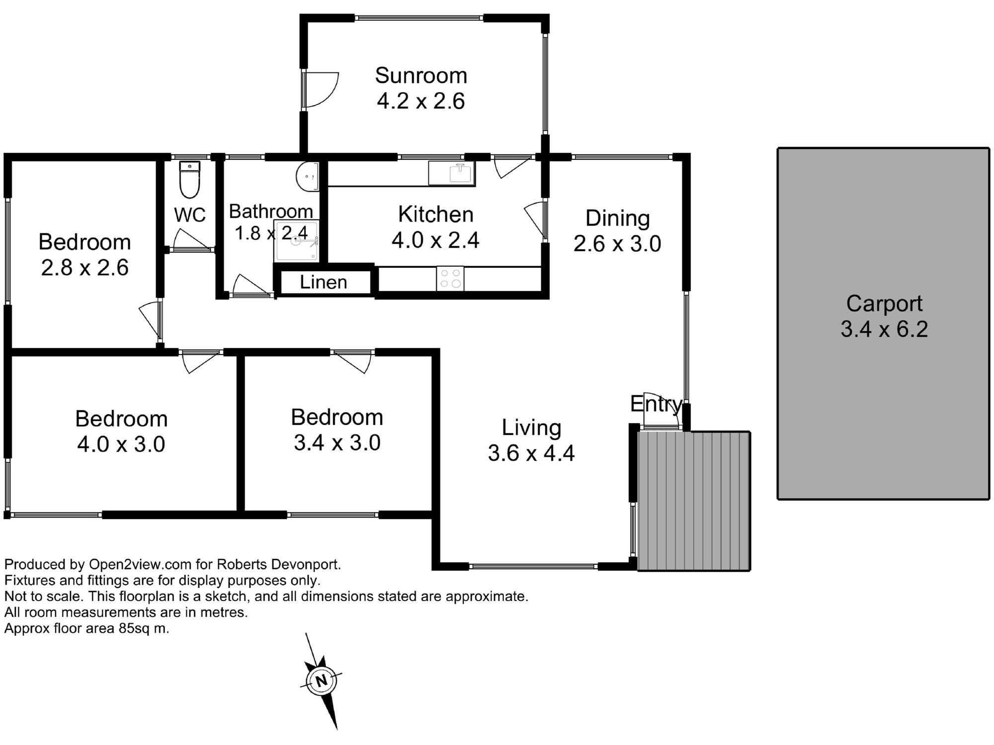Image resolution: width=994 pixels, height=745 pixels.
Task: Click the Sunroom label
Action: tap(421, 75)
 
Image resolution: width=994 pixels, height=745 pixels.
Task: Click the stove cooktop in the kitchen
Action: tap(450, 279)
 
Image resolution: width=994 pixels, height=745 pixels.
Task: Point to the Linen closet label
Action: tap(324, 282)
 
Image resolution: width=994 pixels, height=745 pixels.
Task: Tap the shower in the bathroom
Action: tap(297, 241)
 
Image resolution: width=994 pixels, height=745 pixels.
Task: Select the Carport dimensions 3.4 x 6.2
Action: tap(884, 329)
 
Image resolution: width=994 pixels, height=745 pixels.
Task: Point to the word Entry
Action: tap(656, 404)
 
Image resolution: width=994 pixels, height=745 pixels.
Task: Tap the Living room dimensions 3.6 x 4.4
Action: tap(531, 453)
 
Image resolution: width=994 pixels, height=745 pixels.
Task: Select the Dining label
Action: tap(617, 218)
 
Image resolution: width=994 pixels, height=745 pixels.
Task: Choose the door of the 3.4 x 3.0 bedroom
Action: tap(353, 361)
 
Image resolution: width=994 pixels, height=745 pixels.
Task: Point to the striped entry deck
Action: tap(694, 501)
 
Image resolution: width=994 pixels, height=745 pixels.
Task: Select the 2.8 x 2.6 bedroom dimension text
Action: tap(84, 268)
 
